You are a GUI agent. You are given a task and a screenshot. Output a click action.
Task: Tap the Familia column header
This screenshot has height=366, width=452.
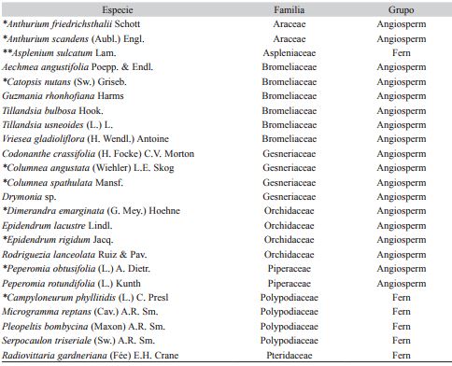290,9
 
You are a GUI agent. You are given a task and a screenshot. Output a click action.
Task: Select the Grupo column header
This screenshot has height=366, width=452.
402,9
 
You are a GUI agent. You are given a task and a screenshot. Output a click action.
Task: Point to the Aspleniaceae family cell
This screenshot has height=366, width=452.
290,54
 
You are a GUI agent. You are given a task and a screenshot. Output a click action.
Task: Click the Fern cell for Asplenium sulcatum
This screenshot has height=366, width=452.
402,54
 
